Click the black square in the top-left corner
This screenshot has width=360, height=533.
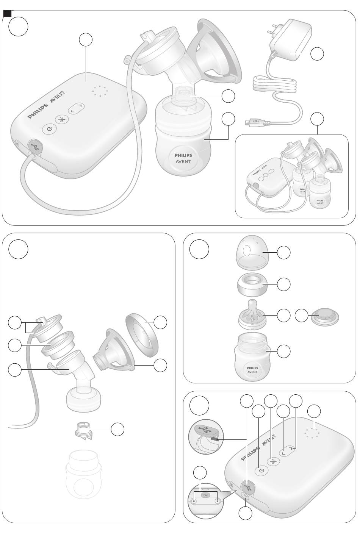(x=7, y=14)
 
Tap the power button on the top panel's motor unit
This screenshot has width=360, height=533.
(x=49, y=130)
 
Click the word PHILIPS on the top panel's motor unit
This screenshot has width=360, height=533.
(x=38, y=112)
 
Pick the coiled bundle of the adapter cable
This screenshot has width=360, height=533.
(x=275, y=83)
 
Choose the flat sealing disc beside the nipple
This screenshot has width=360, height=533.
(x=325, y=317)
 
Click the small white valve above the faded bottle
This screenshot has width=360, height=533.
(x=82, y=430)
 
